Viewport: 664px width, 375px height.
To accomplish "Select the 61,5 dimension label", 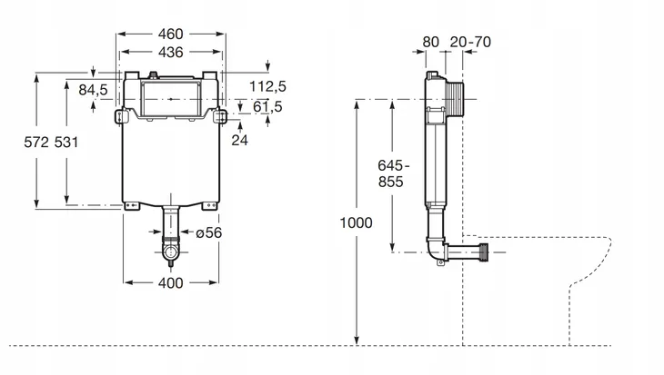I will (x=267, y=106).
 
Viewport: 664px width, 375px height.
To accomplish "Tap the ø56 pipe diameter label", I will (x=209, y=232).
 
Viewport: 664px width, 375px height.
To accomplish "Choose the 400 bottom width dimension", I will (x=171, y=282).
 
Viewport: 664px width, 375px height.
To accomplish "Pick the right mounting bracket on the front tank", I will (x=219, y=116).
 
